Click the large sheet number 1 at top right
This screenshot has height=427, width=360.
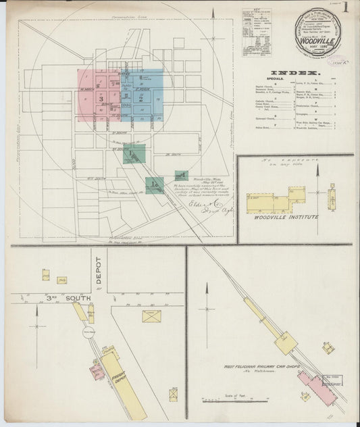pos(345,9)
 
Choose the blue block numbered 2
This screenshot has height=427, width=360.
pos(142,97)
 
